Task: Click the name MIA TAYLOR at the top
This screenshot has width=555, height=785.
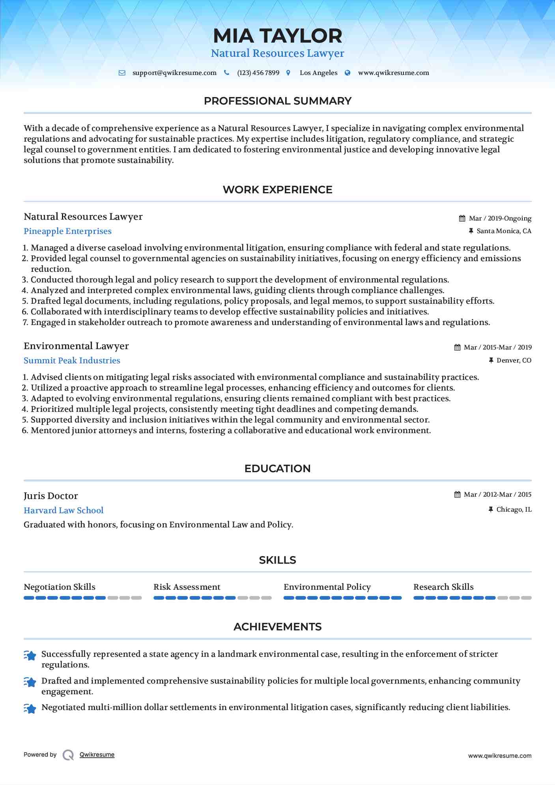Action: (277, 36)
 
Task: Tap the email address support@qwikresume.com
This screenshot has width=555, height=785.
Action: (174, 73)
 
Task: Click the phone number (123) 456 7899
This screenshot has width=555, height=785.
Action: (258, 73)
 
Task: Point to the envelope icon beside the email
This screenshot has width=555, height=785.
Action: (122, 73)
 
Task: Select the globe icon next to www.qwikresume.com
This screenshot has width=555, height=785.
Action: (348, 73)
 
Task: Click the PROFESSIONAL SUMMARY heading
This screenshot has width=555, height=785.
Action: (277, 101)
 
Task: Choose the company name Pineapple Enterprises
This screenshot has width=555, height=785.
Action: (67, 231)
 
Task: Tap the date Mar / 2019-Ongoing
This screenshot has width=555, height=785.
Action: (500, 219)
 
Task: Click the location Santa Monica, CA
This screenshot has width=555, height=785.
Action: (504, 231)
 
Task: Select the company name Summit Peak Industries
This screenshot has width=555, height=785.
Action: (72, 361)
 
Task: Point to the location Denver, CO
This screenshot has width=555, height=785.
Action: (514, 361)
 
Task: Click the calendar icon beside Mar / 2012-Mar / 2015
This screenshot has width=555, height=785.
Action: (457, 495)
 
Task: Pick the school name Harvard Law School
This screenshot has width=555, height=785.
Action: (64, 510)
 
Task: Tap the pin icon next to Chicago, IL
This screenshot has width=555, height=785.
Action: (491, 510)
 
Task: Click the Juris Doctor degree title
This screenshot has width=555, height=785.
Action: (51, 496)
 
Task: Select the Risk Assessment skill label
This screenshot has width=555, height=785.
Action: (187, 587)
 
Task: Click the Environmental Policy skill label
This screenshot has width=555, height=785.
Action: (327, 587)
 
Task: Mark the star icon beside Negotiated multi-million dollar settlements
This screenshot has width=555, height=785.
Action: (30, 708)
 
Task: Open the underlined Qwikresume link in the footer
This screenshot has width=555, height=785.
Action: (97, 755)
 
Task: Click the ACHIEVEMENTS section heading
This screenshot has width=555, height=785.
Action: (277, 627)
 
